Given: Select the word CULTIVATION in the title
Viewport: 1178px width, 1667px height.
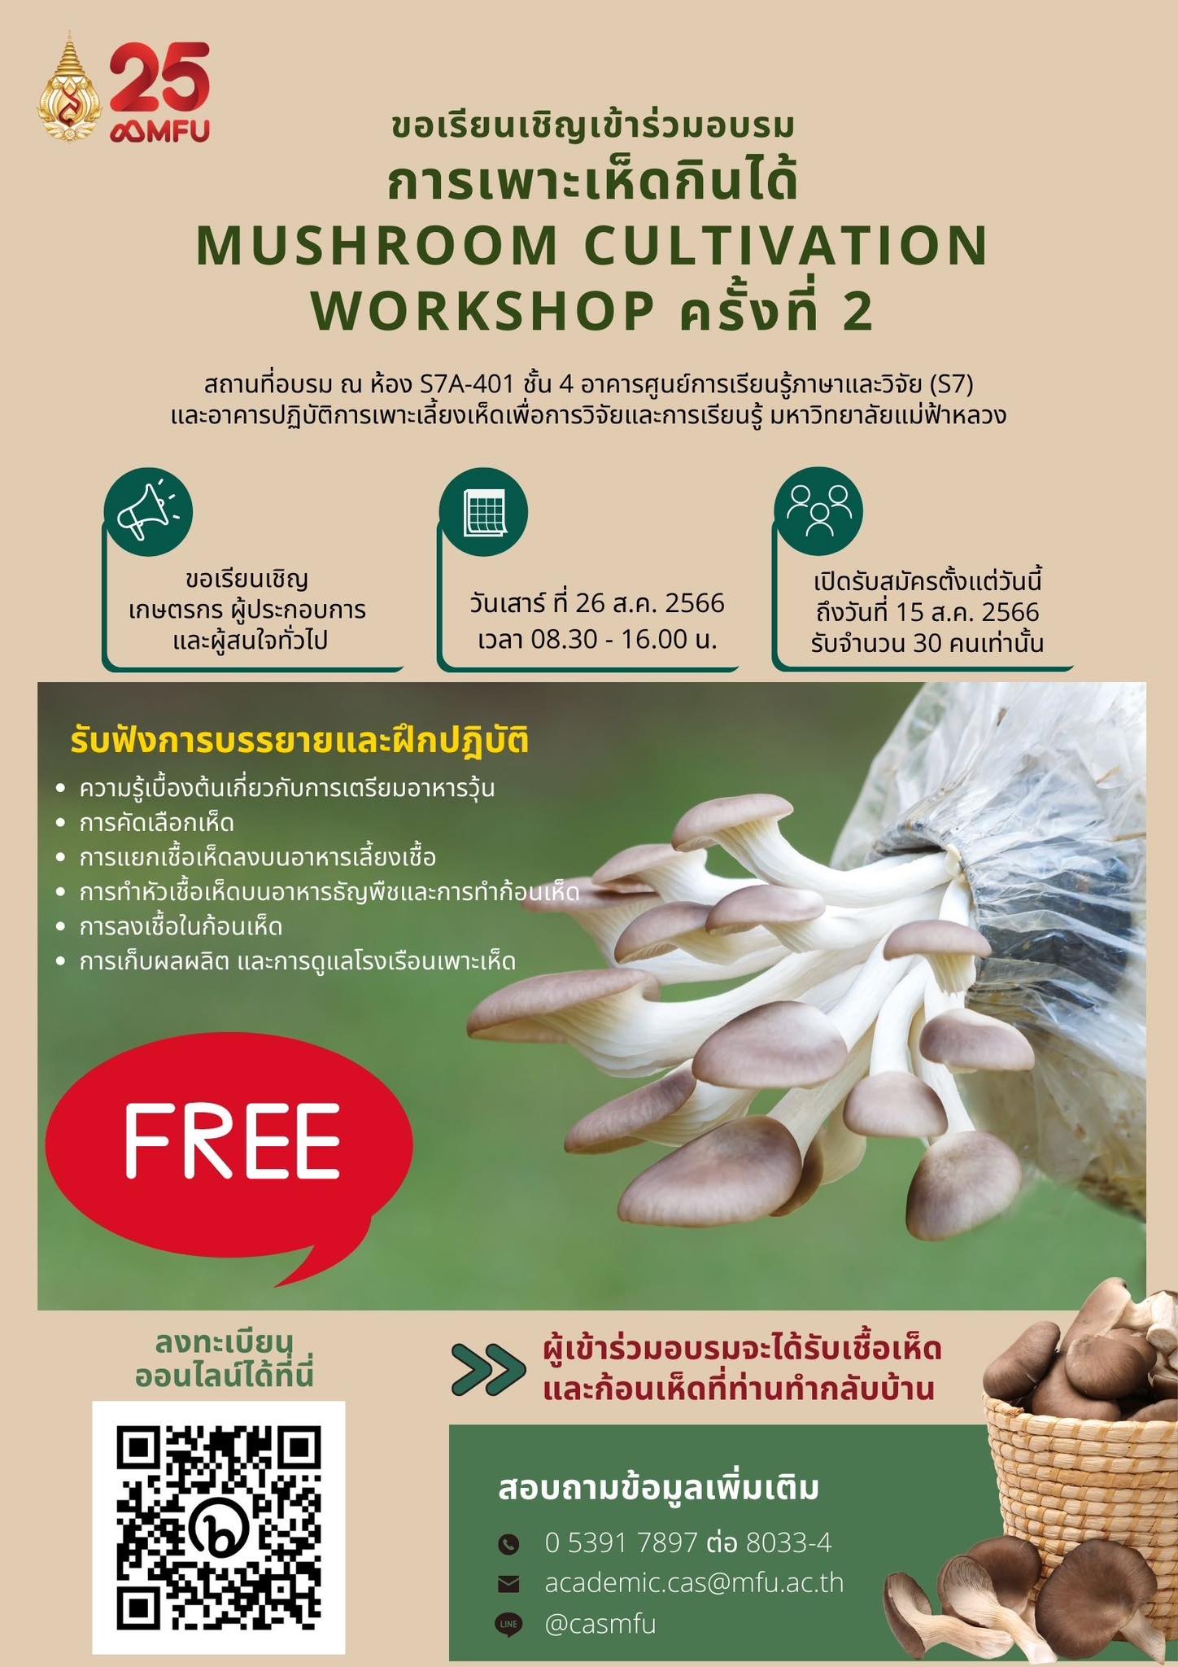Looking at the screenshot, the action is click(788, 245).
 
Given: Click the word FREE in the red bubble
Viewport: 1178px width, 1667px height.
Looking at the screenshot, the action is click(232, 1140).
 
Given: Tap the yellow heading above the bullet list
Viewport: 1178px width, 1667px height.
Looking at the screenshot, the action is click(299, 742).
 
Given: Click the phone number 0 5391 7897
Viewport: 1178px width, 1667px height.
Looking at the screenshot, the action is click(622, 1542).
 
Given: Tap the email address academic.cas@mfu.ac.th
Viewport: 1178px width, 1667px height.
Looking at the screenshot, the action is click(694, 1582).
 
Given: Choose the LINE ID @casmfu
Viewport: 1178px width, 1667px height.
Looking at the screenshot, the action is click(600, 1624).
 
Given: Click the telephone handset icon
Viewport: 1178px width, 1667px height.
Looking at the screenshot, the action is click(508, 1543).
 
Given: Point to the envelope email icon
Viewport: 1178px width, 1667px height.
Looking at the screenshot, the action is click(508, 1583).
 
